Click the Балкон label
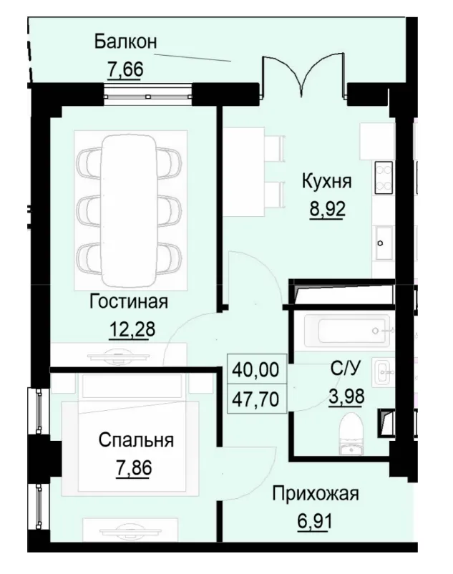tap(125, 41)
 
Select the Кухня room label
tap(326, 181)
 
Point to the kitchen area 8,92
tap(326, 212)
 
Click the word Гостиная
tap(129, 301)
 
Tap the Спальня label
tap(136, 440)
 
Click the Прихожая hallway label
tap(316, 493)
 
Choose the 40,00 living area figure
tap(256, 371)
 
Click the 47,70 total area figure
tap(256, 398)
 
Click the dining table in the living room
tap(128, 210)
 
